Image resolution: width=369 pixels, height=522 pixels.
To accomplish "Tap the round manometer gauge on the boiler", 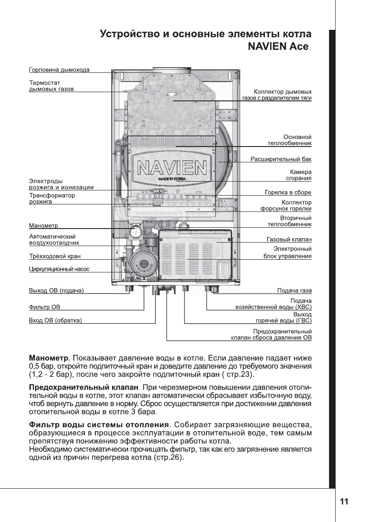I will point(135,232).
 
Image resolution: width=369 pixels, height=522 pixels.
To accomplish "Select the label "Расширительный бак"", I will point(281,158).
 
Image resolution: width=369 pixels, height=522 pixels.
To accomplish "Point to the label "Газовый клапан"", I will point(289,240).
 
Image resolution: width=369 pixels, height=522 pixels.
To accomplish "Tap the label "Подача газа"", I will point(294,290).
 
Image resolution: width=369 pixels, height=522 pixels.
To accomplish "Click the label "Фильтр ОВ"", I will point(44,306).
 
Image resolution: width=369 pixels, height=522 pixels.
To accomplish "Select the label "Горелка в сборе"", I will point(288,192).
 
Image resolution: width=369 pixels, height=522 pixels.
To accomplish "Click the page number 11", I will point(344,502).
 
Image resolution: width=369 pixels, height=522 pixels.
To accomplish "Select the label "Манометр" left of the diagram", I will point(43,226).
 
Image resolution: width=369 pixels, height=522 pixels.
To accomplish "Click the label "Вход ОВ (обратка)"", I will point(55,320).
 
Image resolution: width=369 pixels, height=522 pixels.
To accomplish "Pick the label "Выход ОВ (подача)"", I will point(56,290).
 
